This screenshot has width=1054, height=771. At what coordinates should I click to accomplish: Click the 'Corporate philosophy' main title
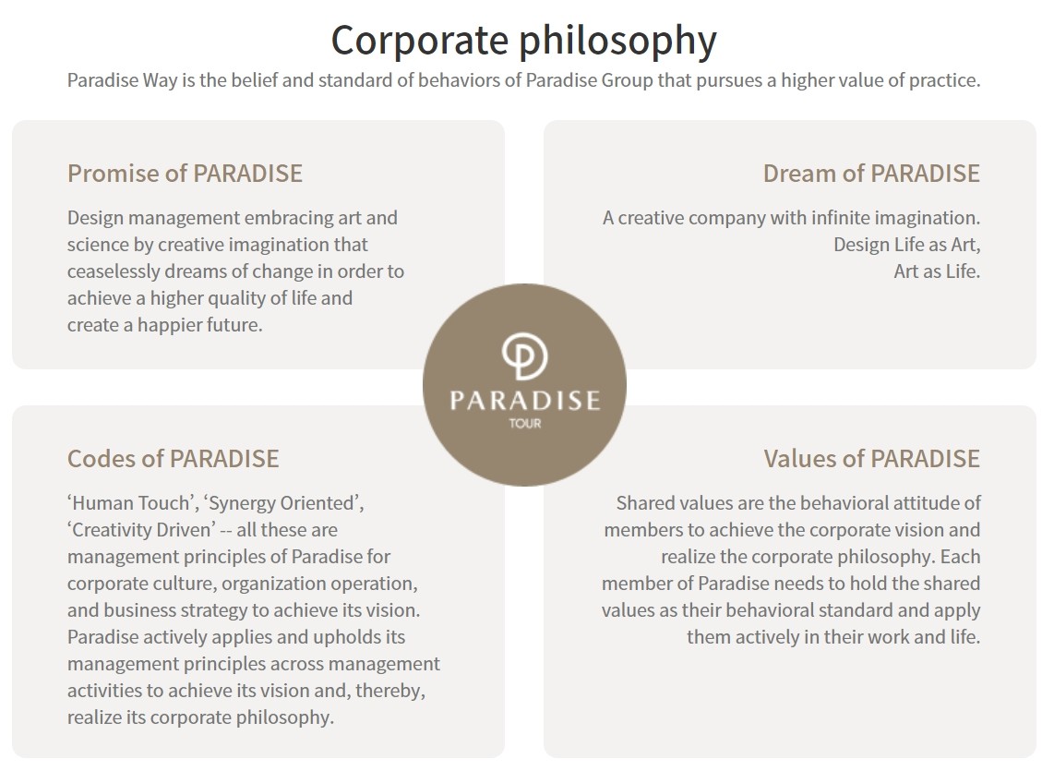click(x=523, y=41)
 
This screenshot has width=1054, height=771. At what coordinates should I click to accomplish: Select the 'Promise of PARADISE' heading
click(x=185, y=174)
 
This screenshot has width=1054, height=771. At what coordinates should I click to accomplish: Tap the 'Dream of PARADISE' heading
click(x=871, y=174)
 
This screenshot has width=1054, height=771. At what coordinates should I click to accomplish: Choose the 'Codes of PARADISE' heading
click(x=173, y=459)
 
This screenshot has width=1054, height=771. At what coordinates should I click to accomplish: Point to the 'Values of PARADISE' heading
click(x=872, y=459)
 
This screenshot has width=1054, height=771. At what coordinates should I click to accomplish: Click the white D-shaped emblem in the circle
click(x=524, y=356)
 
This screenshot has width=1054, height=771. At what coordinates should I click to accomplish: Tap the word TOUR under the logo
click(x=525, y=423)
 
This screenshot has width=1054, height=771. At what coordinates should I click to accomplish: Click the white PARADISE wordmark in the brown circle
click(x=524, y=401)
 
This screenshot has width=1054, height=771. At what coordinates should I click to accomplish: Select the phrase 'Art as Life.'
click(x=937, y=271)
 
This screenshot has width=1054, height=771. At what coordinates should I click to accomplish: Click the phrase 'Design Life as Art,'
click(x=906, y=245)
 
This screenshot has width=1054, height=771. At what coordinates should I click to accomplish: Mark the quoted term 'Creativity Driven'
click(x=141, y=530)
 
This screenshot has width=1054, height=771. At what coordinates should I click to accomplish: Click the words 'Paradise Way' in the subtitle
click(x=123, y=80)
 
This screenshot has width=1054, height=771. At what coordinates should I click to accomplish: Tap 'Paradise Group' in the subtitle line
click(x=589, y=80)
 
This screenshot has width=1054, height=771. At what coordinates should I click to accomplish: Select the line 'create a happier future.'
click(x=164, y=325)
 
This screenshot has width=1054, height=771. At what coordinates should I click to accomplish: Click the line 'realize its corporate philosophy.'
click(x=200, y=717)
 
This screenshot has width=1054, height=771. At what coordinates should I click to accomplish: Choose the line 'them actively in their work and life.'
click(x=833, y=637)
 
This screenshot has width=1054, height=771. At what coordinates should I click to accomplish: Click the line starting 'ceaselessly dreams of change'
click(x=235, y=271)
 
